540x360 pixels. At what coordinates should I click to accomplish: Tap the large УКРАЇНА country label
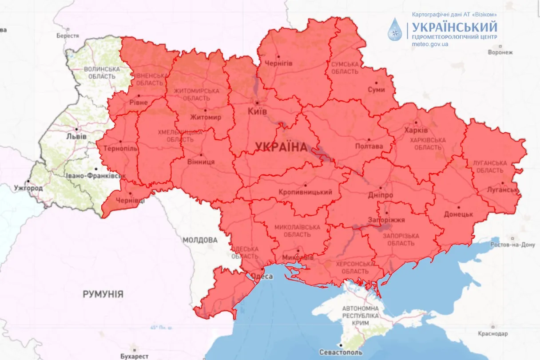[x=281, y=147]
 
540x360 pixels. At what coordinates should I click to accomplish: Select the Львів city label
[x=76, y=136]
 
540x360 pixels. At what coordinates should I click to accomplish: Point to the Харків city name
[x=416, y=131]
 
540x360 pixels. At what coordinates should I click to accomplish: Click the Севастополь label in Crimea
[x=341, y=352]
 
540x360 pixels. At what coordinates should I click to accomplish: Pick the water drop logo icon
[x=394, y=30]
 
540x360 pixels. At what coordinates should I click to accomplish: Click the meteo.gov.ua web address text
[x=430, y=44]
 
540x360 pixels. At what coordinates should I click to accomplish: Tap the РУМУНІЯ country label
[x=103, y=294]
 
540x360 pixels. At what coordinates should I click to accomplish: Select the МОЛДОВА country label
[x=200, y=240]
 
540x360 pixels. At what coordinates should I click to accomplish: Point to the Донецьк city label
[x=458, y=214]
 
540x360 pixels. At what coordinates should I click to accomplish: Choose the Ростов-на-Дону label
[x=513, y=245]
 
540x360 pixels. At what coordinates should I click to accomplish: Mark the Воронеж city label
[x=500, y=52]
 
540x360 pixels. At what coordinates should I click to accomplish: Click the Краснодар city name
[x=492, y=333]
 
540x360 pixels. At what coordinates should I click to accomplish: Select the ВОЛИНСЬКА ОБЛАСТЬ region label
[x=102, y=73]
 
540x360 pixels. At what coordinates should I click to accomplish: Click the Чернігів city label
[x=278, y=63]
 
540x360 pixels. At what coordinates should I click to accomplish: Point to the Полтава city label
[x=369, y=146]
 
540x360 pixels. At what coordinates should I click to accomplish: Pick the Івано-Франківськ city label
[x=93, y=176]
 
